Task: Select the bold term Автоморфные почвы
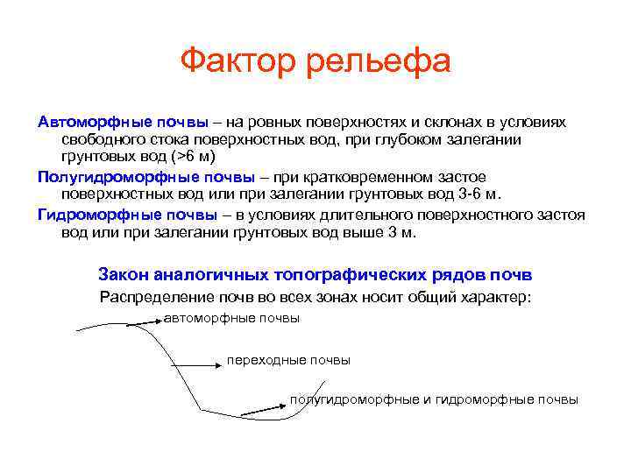coord(123,121)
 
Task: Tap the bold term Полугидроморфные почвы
coord(146,176)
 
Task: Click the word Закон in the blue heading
coord(124,274)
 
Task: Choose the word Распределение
coord(157,297)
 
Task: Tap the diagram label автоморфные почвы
coord(232,319)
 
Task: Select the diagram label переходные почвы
coord(288,360)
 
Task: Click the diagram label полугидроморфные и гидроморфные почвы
coord(434,399)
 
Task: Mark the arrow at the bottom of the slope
coord(264,406)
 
